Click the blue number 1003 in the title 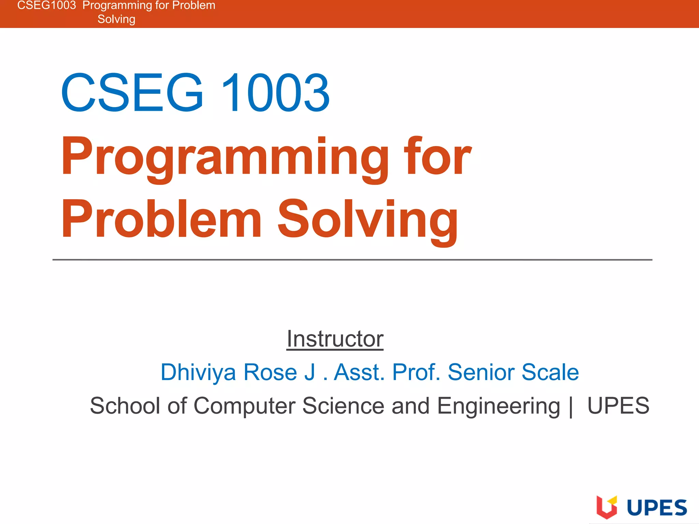(x=275, y=93)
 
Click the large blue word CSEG (x=132, y=93)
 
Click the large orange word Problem (x=161, y=219)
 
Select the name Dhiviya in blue (x=198, y=372)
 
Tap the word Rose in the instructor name (x=270, y=372)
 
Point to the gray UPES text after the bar (x=618, y=406)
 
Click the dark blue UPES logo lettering (x=657, y=508)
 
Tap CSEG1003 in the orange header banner (x=46, y=5)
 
